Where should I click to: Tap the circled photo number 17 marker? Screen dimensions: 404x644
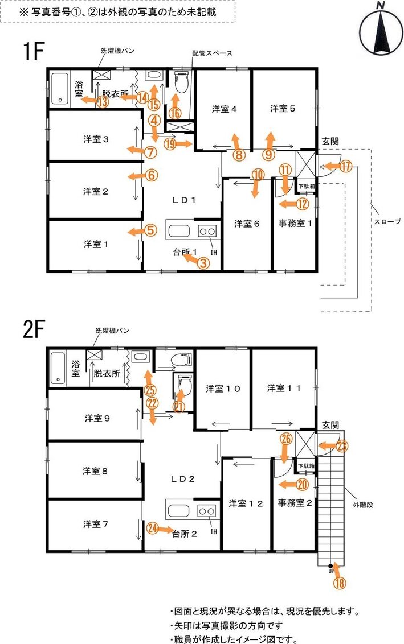click(346, 166)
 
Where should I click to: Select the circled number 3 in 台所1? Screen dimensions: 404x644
click(203, 263)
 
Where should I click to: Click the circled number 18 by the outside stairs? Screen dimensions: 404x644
click(340, 583)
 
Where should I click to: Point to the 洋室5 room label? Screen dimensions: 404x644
click(283, 109)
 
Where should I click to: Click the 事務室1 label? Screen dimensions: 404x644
click(295, 224)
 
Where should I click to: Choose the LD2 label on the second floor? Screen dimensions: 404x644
click(183, 479)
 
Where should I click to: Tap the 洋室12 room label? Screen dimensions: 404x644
click(246, 503)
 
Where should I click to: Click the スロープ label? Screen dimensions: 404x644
click(387, 221)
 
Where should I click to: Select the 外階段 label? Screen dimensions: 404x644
click(363, 505)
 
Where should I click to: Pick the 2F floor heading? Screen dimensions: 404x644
click(34, 329)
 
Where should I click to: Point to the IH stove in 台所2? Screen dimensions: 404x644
click(206, 511)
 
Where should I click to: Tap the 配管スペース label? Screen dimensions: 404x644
click(212, 53)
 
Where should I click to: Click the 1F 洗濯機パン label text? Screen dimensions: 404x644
click(117, 51)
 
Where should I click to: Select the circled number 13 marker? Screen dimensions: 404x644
click(103, 101)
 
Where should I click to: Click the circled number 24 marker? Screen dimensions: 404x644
click(153, 528)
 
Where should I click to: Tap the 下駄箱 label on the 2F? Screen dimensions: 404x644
click(306, 466)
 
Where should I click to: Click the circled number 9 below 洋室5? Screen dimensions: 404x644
click(269, 155)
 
